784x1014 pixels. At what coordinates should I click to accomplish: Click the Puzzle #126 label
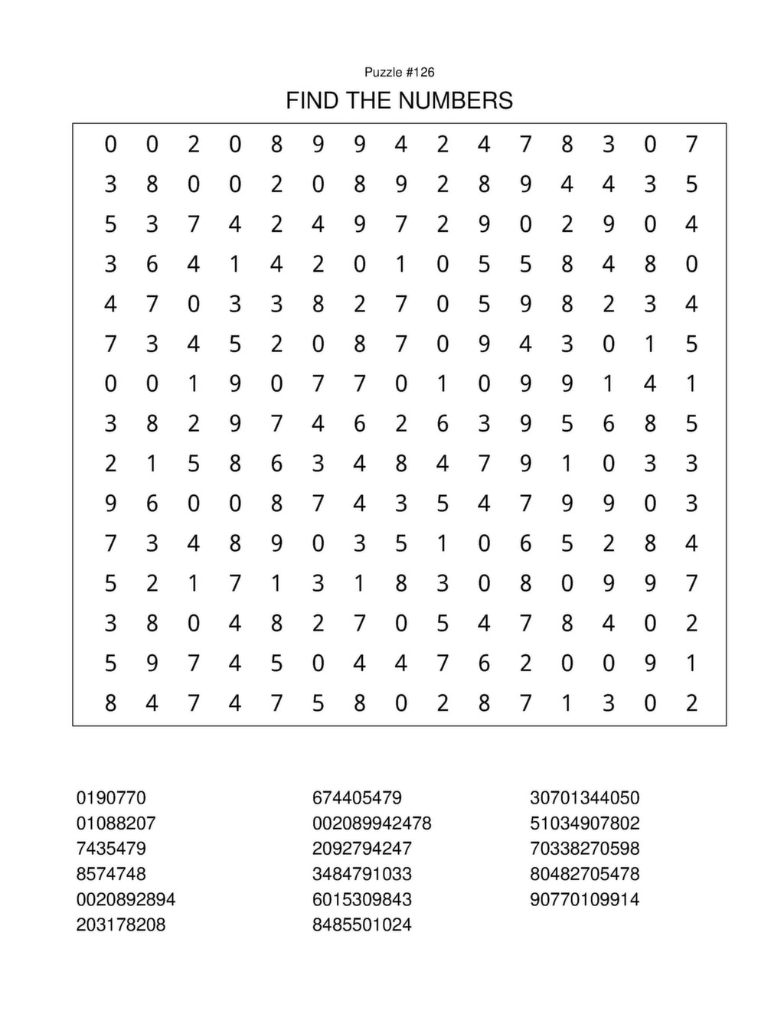click(399, 72)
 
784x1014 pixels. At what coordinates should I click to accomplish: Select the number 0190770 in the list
click(111, 797)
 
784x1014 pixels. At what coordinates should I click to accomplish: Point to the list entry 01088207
click(116, 823)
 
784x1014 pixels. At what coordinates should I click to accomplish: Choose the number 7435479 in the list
click(111, 849)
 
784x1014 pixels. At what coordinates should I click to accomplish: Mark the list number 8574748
click(111, 874)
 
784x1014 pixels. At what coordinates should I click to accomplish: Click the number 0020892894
click(126, 899)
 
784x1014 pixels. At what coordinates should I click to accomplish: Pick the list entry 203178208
click(121, 924)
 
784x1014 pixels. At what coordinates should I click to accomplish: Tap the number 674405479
click(357, 797)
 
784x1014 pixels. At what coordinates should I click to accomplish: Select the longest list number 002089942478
click(371, 823)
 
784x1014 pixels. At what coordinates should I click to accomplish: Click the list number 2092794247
click(361, 849)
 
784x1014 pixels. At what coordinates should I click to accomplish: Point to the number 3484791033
click(361, 874)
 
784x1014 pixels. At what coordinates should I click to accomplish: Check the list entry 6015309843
click(361, 899)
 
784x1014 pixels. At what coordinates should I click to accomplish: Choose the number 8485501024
click(361, 924)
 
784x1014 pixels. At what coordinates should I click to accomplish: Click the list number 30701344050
click(584, 797)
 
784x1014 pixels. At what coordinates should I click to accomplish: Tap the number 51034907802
click(584, 823)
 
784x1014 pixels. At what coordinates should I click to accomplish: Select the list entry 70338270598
click(584, 849)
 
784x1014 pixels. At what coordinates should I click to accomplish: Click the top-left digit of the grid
click(111, 144)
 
